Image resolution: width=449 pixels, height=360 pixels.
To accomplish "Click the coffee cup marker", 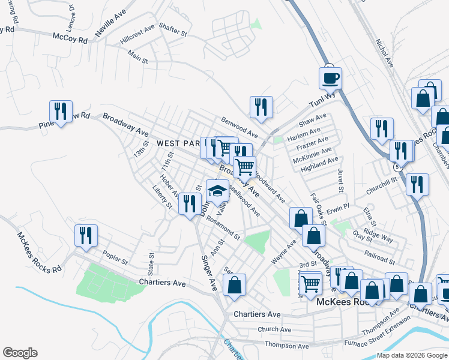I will click(330, 78).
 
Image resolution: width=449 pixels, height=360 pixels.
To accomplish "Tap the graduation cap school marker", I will click(217, 192).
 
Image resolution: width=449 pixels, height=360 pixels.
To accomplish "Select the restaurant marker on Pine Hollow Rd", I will click(61, 112).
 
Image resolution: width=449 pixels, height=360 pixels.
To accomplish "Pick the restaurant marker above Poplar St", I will click(86, 236).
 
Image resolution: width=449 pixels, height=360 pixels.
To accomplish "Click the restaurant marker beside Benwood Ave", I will click(261, 107).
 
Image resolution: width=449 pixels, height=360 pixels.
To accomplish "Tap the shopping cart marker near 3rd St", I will click(310, 283).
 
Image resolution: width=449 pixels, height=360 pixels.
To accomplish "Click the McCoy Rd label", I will click(70, 38).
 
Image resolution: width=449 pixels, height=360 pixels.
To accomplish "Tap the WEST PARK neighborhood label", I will click(178, 144).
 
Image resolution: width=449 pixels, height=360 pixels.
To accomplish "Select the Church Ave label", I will click(274, 329).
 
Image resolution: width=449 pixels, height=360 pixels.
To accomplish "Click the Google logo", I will click(19, 353).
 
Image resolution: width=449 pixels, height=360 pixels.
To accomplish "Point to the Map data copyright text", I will click(412, 355).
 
